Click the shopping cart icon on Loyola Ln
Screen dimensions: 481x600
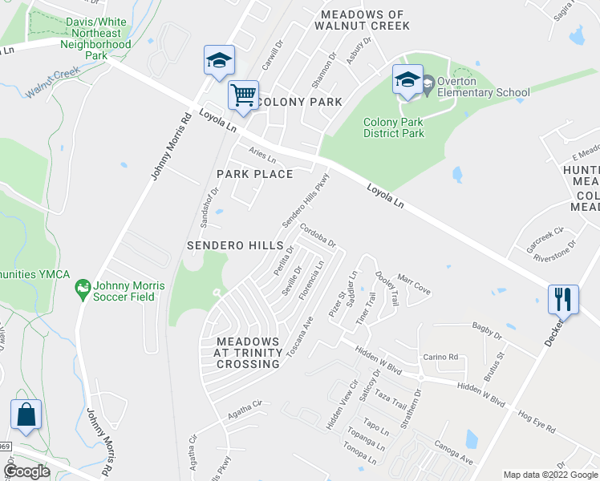[243, 95]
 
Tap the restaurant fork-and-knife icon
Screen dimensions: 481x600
[563, 300]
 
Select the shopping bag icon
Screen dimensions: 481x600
[26, 414]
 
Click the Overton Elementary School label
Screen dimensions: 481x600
[484, 92]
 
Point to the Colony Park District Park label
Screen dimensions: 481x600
[394, 127]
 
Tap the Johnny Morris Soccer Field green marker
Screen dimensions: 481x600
[82, 287]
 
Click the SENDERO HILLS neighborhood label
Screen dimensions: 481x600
[236, 245]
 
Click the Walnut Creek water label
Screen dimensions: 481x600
[52, 83]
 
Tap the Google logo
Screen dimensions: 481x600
[27, 471]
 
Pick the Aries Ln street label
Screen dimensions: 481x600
[262, 154]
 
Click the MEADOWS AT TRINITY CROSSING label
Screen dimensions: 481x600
[249, 353]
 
